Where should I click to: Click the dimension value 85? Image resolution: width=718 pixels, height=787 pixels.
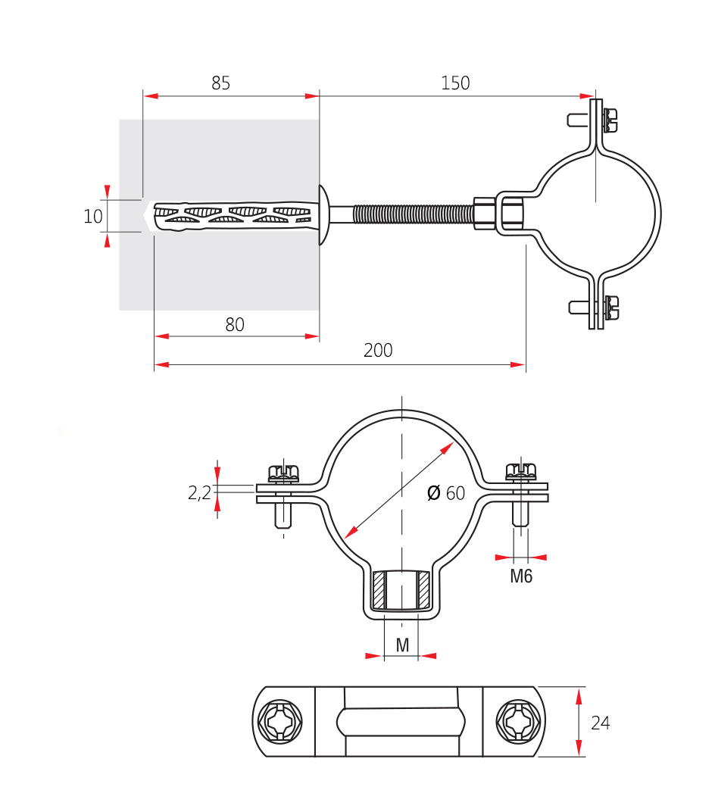[x=220, y=83]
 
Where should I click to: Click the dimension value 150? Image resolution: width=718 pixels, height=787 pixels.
[x=455, y=83]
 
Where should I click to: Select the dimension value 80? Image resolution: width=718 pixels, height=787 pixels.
[x=235, y=325]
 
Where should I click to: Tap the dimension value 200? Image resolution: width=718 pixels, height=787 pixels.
[x=378, y=350]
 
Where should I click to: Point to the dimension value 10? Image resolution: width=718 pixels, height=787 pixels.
[x=93, y=217]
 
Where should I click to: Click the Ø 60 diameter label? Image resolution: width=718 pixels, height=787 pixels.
[x=446, y=493]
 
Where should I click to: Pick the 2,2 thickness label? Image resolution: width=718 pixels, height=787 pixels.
[x=199, y=493]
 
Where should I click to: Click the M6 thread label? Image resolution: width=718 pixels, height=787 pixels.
[x=521, y=576]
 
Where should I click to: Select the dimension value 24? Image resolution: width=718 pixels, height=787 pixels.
[x=600, y=723]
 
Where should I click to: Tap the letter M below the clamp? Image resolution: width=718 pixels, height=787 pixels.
[x=402, y=645]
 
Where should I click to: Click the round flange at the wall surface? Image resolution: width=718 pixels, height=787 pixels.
[x=323, y=215]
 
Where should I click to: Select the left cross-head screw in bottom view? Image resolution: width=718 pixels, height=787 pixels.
[x=280, y=722]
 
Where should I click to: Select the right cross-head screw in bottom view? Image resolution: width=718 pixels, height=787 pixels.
[x=519, y=722]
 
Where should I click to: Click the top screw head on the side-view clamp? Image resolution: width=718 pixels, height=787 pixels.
[x=610, y=120]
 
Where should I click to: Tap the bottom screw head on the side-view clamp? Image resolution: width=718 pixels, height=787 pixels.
[x=610, y=308]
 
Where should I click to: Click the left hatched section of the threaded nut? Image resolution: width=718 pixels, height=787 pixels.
[x=379, y=590]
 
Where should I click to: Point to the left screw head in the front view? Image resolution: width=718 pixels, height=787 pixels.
[x=283, y=473]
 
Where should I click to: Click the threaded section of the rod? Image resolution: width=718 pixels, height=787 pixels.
[x=414, y=215]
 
